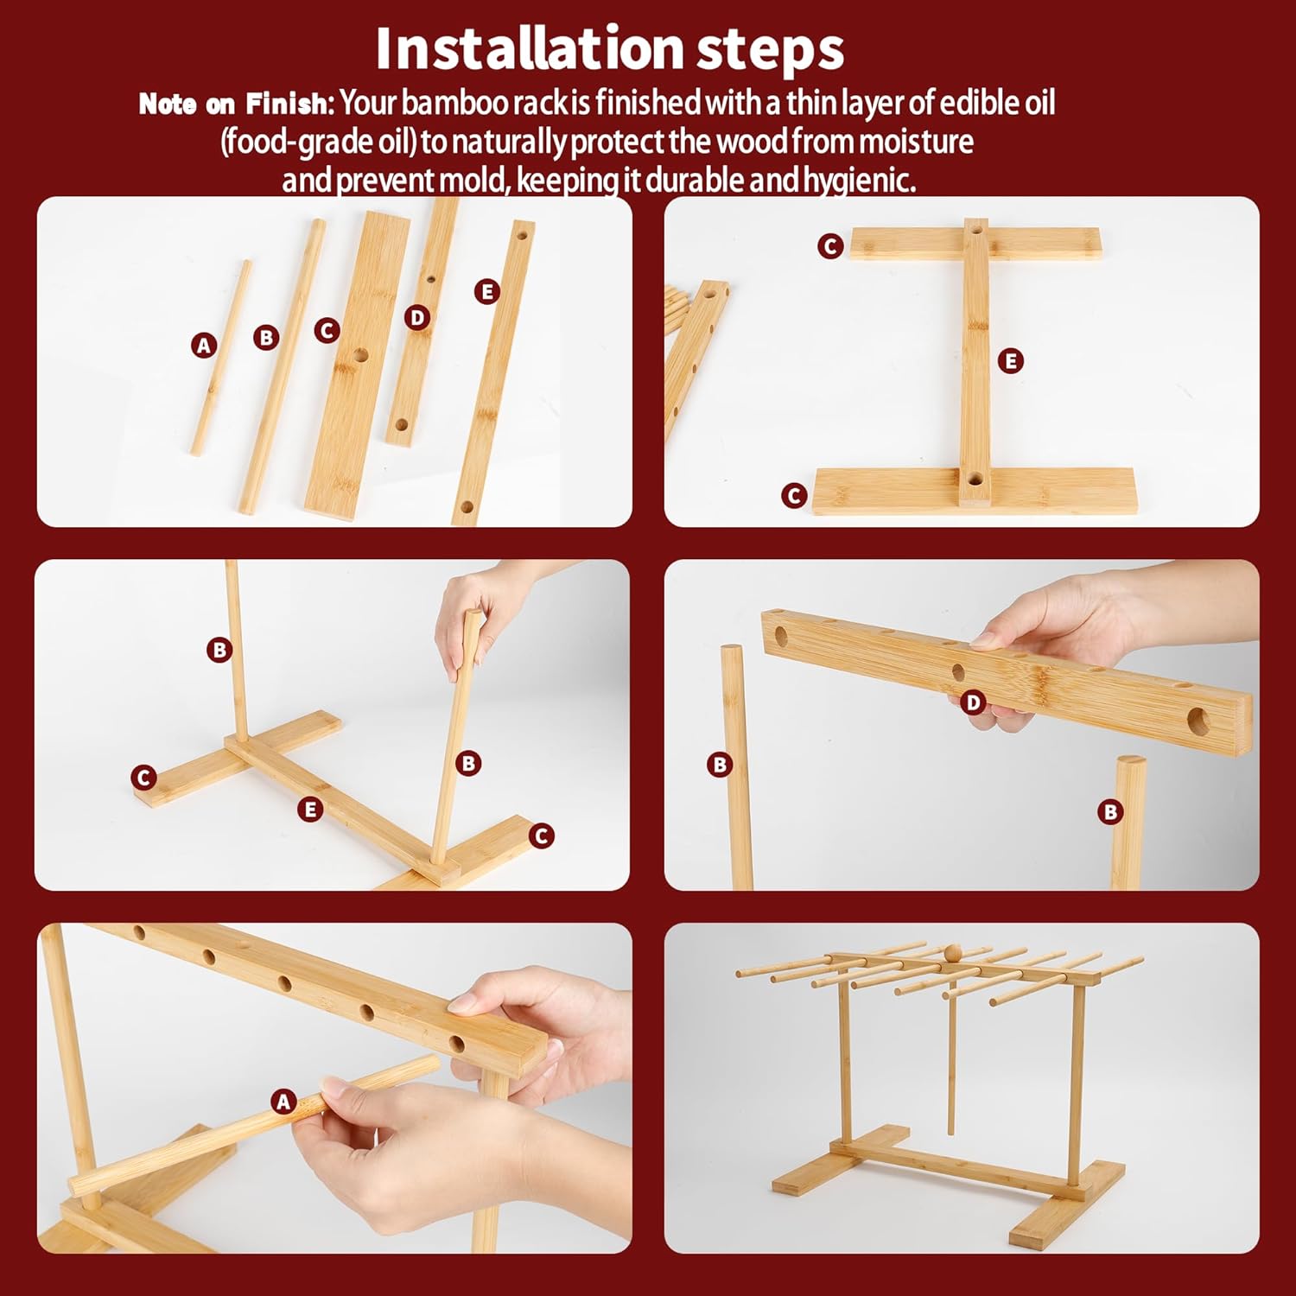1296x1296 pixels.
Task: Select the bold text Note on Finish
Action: (234, 105)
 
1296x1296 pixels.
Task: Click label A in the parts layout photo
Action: (204, 346)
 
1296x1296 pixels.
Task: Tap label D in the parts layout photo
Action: (417, 318)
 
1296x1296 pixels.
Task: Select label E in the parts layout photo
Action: (487, 292)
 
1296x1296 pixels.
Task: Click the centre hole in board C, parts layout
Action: (359, 354)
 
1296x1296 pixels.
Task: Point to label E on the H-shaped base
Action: (1010, 361)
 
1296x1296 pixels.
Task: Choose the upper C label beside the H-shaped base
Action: (830, 246)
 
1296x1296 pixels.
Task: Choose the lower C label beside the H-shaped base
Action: (794, 496)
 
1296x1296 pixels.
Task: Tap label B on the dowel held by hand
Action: (468, 763)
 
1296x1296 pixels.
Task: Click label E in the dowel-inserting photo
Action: (310, 810)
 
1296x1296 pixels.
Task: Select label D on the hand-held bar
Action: (974, 702)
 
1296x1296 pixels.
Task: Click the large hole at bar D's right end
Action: (1198, 721)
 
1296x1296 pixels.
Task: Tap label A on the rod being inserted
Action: (283, 1102)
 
